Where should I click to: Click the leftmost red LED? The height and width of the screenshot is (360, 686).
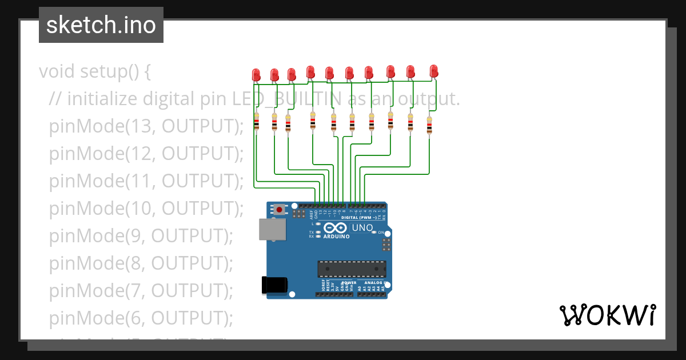256,74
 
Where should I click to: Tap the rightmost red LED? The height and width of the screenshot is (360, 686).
434,70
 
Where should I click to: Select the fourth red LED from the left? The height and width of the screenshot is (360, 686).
310,71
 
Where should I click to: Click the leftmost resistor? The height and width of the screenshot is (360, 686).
256,122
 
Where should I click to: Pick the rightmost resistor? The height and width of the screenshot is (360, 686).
429,126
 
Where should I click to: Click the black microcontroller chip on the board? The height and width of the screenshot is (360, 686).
352,269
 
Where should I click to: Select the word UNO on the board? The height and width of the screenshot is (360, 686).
361,228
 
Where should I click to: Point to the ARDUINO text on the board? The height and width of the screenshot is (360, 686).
336,237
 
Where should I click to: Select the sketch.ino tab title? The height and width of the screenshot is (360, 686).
101,25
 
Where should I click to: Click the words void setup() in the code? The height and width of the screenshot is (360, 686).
95,72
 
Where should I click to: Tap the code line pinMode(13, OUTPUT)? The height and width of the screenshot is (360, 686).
146,126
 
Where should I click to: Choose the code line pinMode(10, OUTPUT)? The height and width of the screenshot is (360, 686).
146,208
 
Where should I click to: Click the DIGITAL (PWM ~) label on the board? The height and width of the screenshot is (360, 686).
358,218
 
